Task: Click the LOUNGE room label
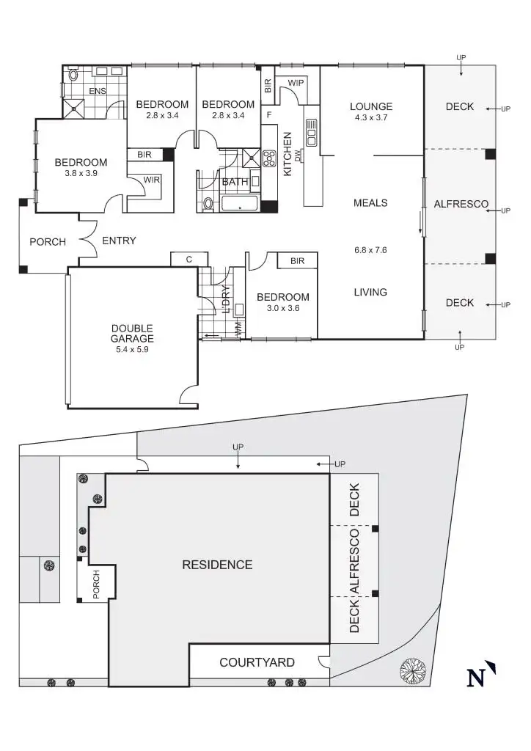(370, 106)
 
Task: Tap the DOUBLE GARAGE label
(132, 333)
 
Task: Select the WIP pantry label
(296, 83)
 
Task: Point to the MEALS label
(370, 203)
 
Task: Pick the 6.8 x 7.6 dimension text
(370, 250)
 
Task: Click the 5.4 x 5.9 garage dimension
(132, 350)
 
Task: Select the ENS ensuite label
(97, 91)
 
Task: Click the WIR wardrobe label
(152, 180)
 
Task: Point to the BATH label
(235, 181)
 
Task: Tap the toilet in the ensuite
(73, 75)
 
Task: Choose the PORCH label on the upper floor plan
(48, 241)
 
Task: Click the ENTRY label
(119, 241)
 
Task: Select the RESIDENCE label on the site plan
(217, 565)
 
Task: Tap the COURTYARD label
(257, 663)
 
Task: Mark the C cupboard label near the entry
(188, 259)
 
